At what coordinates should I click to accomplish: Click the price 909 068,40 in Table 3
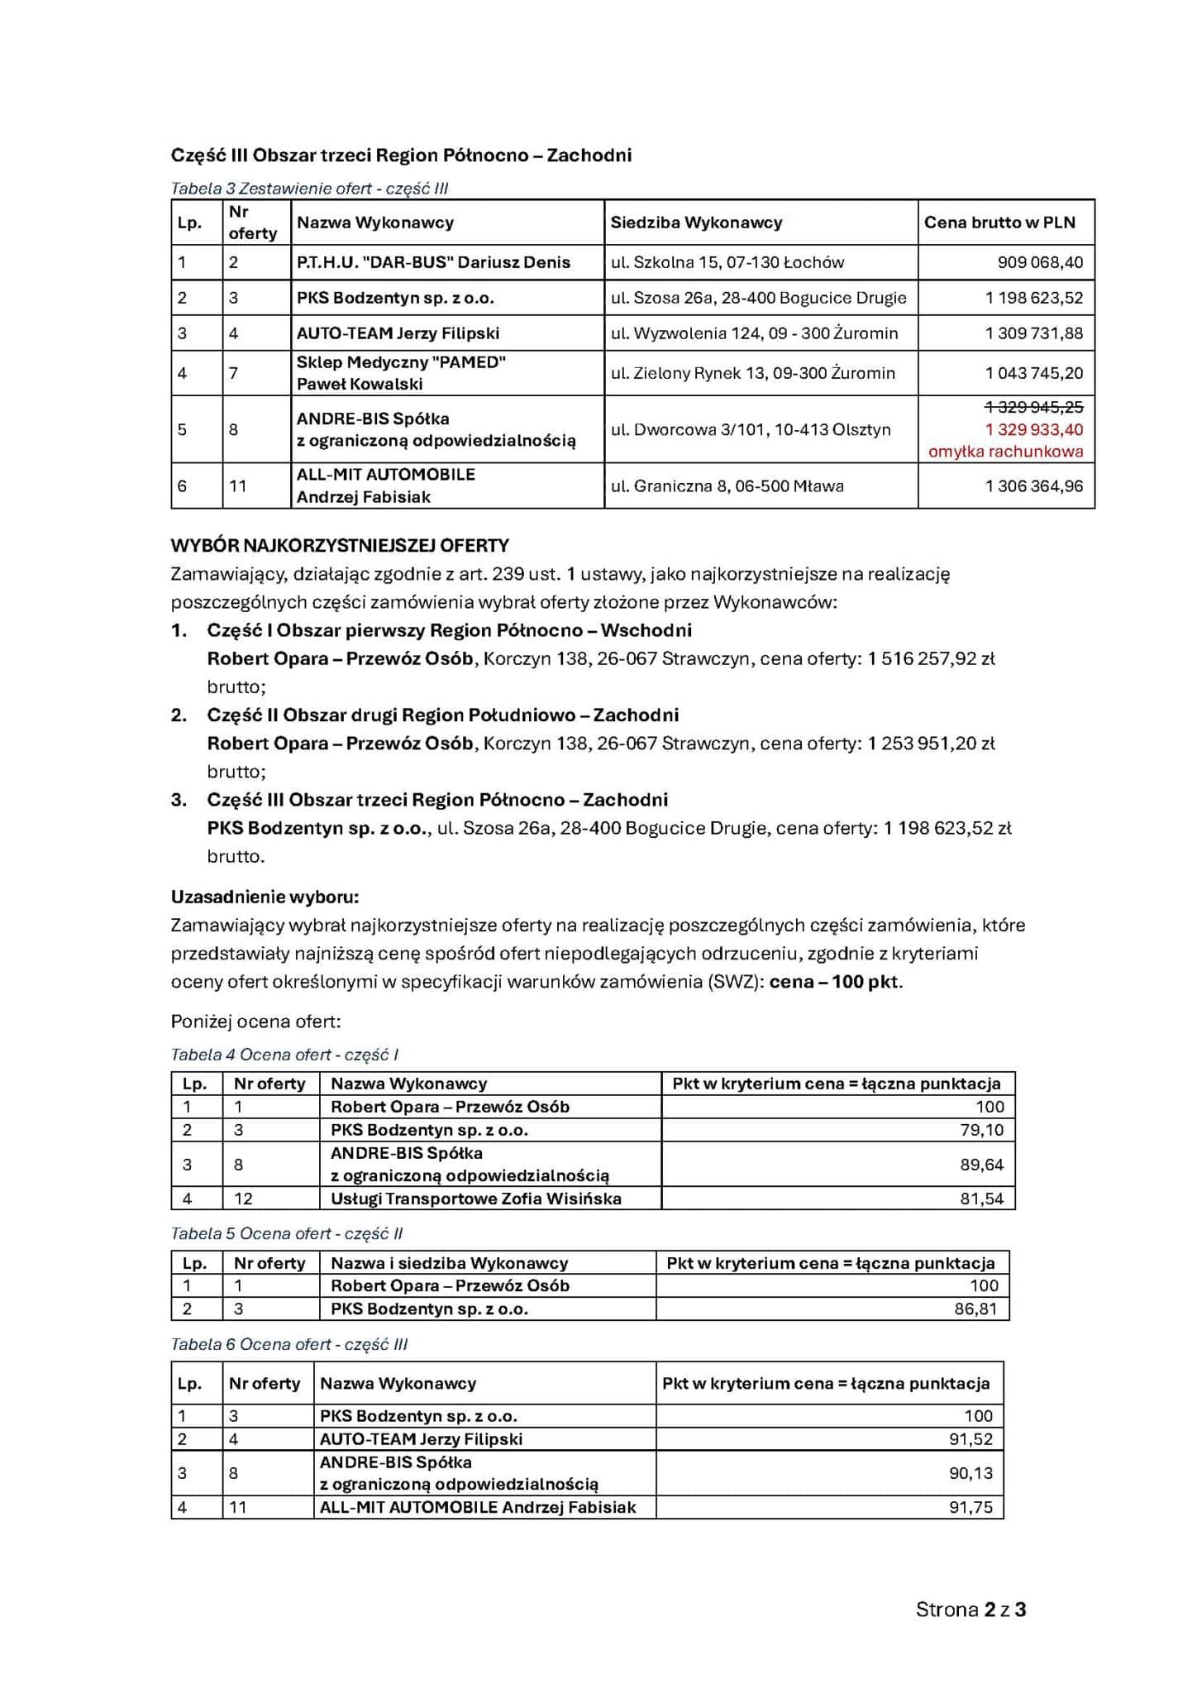(x=1040, y=262)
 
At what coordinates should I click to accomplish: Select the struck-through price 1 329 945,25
(x=1033, y=407)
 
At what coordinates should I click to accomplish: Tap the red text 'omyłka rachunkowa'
(x=1005, y=452)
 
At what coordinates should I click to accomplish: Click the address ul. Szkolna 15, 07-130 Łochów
(x=727, y=262)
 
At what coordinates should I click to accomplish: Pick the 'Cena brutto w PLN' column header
(x=999, y=222)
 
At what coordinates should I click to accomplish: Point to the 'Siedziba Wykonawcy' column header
(x=696, y=222)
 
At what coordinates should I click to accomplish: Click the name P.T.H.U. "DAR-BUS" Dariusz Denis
(x=433, y=262)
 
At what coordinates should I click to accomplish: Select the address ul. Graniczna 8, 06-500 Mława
(x=727, y=486)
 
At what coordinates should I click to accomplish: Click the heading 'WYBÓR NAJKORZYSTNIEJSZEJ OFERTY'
(x=340, y=545)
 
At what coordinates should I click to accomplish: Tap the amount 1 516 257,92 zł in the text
(x=931, y=658)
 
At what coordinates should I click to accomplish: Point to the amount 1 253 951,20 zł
(x=931, y=743)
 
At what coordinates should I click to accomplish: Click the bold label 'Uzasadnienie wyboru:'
(x=265, y=897)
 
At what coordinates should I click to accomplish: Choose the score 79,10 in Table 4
(x=981, y=1130)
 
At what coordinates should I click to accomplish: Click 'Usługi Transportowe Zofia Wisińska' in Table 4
(x=476, y=1199)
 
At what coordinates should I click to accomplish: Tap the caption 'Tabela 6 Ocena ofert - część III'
(x=289, y=1344)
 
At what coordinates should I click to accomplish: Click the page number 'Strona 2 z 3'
(x=970, y=1609)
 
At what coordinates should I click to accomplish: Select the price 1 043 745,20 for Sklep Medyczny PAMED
(x=1033, y=373)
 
